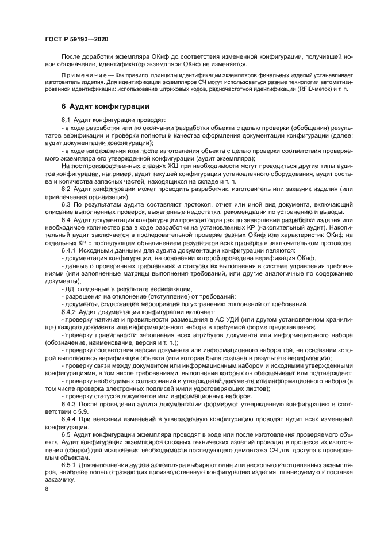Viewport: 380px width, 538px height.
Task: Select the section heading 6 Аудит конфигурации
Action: (x=105, y=106)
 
